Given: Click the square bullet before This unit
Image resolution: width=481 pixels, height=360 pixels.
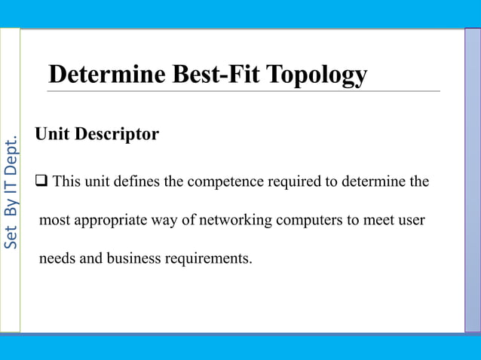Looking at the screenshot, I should coord(41,182).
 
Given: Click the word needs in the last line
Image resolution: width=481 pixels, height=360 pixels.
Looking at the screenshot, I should coord(57,259).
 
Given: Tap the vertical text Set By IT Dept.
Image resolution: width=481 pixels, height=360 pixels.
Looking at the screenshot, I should coord(11,193).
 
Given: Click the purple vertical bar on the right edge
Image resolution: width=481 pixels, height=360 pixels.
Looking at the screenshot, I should coord(472,181).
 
